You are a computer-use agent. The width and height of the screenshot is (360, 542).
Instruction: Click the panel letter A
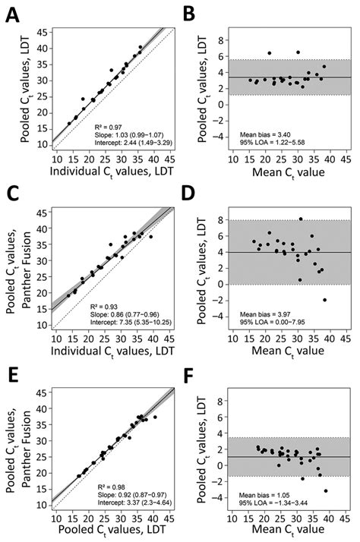pyautogui.click(x=13, y=12)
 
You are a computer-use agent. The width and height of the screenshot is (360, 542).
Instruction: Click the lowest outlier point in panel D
pyautogui.click(x=324, y=300)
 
